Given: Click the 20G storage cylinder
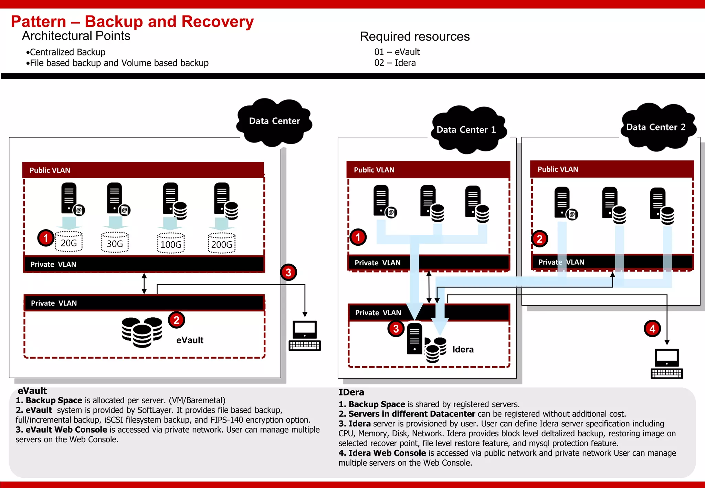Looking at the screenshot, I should [69, 242].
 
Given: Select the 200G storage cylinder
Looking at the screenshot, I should [222, 243].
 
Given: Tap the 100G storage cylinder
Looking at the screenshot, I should [171, 243].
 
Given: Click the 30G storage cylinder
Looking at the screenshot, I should [115, 242].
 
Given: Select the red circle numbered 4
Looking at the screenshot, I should [652, 329].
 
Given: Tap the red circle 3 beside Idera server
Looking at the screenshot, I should [396, 329].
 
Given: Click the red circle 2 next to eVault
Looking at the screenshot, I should [176, 320].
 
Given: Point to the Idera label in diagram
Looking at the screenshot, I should [463, 350].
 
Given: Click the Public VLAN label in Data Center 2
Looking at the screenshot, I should [558, 169].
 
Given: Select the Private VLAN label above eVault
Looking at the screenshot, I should [54, 303].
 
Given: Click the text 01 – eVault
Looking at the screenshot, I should [397, 52].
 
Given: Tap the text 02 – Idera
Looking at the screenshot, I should [395, 63].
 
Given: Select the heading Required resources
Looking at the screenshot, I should [414, 36].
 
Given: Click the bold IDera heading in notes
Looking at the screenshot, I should [351, 392].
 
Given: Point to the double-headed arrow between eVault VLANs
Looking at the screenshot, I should [144, 283].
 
